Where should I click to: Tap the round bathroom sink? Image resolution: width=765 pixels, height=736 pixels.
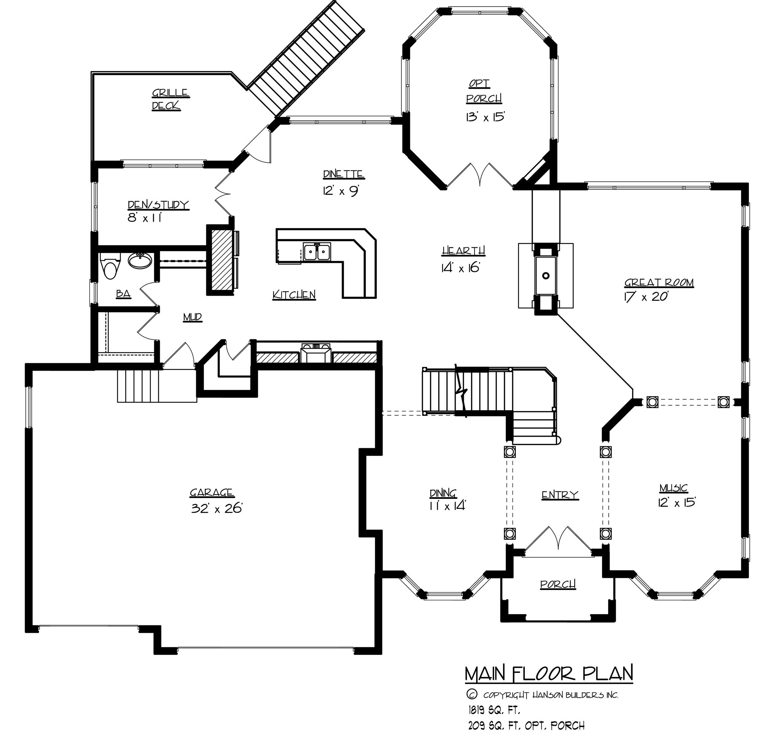tap(140, 260)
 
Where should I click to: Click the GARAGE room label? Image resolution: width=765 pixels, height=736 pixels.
tap(212, 493)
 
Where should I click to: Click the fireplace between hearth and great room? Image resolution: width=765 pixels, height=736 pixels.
tap(546, 275)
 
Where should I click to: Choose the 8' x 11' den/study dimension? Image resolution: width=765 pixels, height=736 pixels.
tap(145, 218)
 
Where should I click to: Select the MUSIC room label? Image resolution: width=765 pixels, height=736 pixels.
tap(674, 488)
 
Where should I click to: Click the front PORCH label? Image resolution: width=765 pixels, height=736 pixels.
tap(558, 584)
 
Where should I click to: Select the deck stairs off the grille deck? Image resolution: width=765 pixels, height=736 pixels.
tap(306, 59)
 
